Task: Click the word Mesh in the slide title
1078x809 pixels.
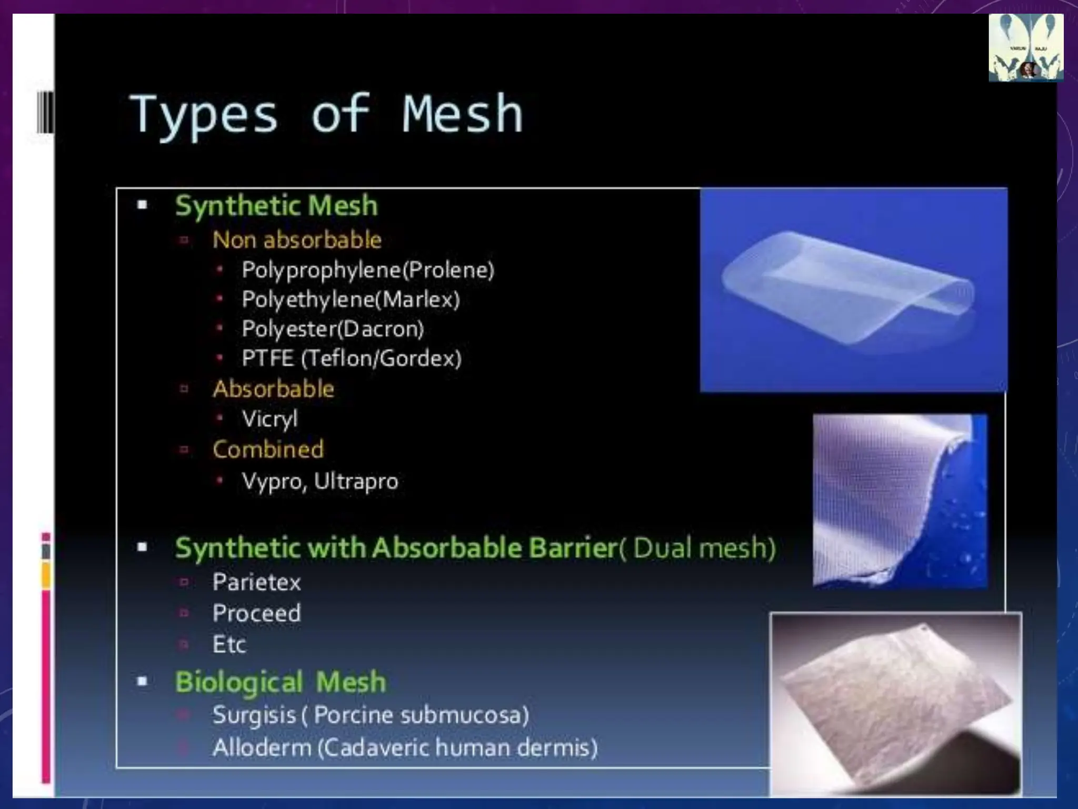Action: tap(462, 114)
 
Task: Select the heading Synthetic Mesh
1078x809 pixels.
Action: tap(276, 205)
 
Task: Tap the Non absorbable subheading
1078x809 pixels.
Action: tap(297, 240)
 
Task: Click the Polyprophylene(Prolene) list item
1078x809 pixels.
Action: tap(368, 270)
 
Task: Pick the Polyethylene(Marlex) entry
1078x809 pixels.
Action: tap(351, 300)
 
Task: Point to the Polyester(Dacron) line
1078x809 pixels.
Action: tap(333, 329)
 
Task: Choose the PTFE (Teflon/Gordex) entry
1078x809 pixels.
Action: tap(352, 359)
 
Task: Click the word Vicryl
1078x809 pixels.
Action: tap(269, 419)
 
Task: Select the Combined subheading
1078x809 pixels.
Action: tap(268, 450)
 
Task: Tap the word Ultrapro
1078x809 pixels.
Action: tap(356, 481)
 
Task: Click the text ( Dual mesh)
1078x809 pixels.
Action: tap(697, 548)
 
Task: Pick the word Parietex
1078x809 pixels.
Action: tap(256, 583)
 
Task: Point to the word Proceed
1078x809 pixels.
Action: tap(256, 613)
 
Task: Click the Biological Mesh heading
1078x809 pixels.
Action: tap(281, 682)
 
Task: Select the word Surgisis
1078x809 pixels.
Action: tap(254, 716)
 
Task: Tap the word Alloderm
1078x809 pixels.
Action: tap(262, 748)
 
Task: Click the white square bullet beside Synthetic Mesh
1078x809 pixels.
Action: tap(142, 205)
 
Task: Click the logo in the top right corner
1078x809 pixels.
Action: tap(1025, 47)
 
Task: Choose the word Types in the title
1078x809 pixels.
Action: tap(204, 115)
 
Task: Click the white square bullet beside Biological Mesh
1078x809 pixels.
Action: tap(142, 682)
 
